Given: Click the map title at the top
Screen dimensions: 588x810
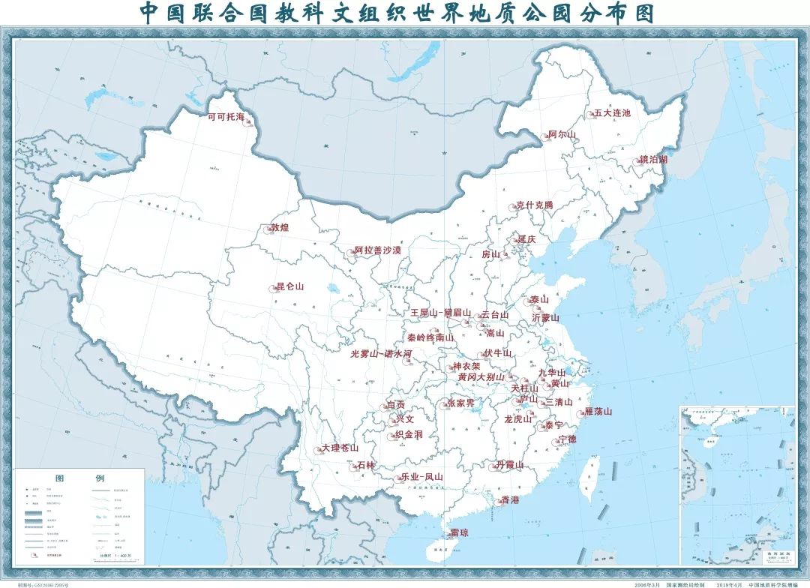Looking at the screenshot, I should (x=397, y=13).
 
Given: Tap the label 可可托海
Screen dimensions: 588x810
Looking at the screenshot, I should (x=226, y=118).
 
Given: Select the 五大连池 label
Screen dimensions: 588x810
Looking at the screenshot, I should (x=612, y=113).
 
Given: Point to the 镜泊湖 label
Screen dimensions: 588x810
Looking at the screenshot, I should (x=653, y=160).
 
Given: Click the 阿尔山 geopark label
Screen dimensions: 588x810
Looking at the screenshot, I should (x=562, y=134).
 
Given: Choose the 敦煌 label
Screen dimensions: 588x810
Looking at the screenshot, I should (x=280, y=227).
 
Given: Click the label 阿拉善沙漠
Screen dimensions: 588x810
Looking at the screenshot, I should (x=378, y=250).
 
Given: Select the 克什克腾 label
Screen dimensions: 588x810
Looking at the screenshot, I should (x=534, y=205).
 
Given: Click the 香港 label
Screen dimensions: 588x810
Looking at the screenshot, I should (x=510, y=499).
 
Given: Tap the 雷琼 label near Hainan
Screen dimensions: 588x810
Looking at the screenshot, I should (x=459, y=532).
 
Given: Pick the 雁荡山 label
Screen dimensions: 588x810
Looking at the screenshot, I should (x=598, y=412).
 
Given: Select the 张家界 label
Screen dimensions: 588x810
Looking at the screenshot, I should (x=460, y=403).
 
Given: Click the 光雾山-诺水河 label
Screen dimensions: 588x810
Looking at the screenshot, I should (x=381, y=353).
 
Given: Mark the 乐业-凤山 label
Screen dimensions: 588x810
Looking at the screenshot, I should (x=421, y=476).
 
